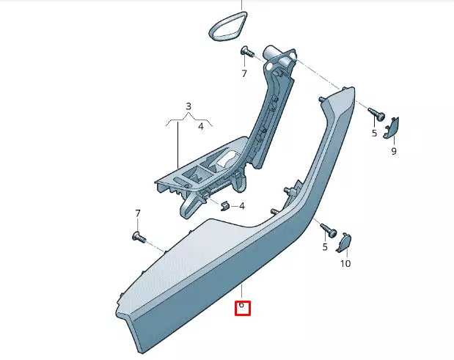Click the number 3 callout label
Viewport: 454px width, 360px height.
pyautogui.click(x=188, y=106)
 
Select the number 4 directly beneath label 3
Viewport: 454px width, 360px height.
pyautogui.click(x=199, y=126)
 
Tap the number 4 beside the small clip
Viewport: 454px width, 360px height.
pyautogui.click(x=242, y=206)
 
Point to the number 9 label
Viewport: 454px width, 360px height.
pyautogui.click(x=393, y=151)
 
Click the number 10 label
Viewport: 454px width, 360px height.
pyautogui.click(x=345, y=262)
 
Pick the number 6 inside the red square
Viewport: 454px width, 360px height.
pyautogui.click(x=242, y=305)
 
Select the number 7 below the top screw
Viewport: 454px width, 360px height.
pyautogui.click(x=244, y=73)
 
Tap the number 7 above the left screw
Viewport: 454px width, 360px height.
pyautogui.click(x=137, y=213)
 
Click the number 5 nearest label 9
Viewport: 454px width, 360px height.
pyautogui.click(x=373, y=133)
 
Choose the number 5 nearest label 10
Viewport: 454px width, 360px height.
pyautogui.click(x=325, y=247)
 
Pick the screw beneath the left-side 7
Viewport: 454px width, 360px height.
pyautogui.click(x=137, y=236)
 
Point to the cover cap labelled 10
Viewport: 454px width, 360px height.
pyautogui.click(x=344, y=243)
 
